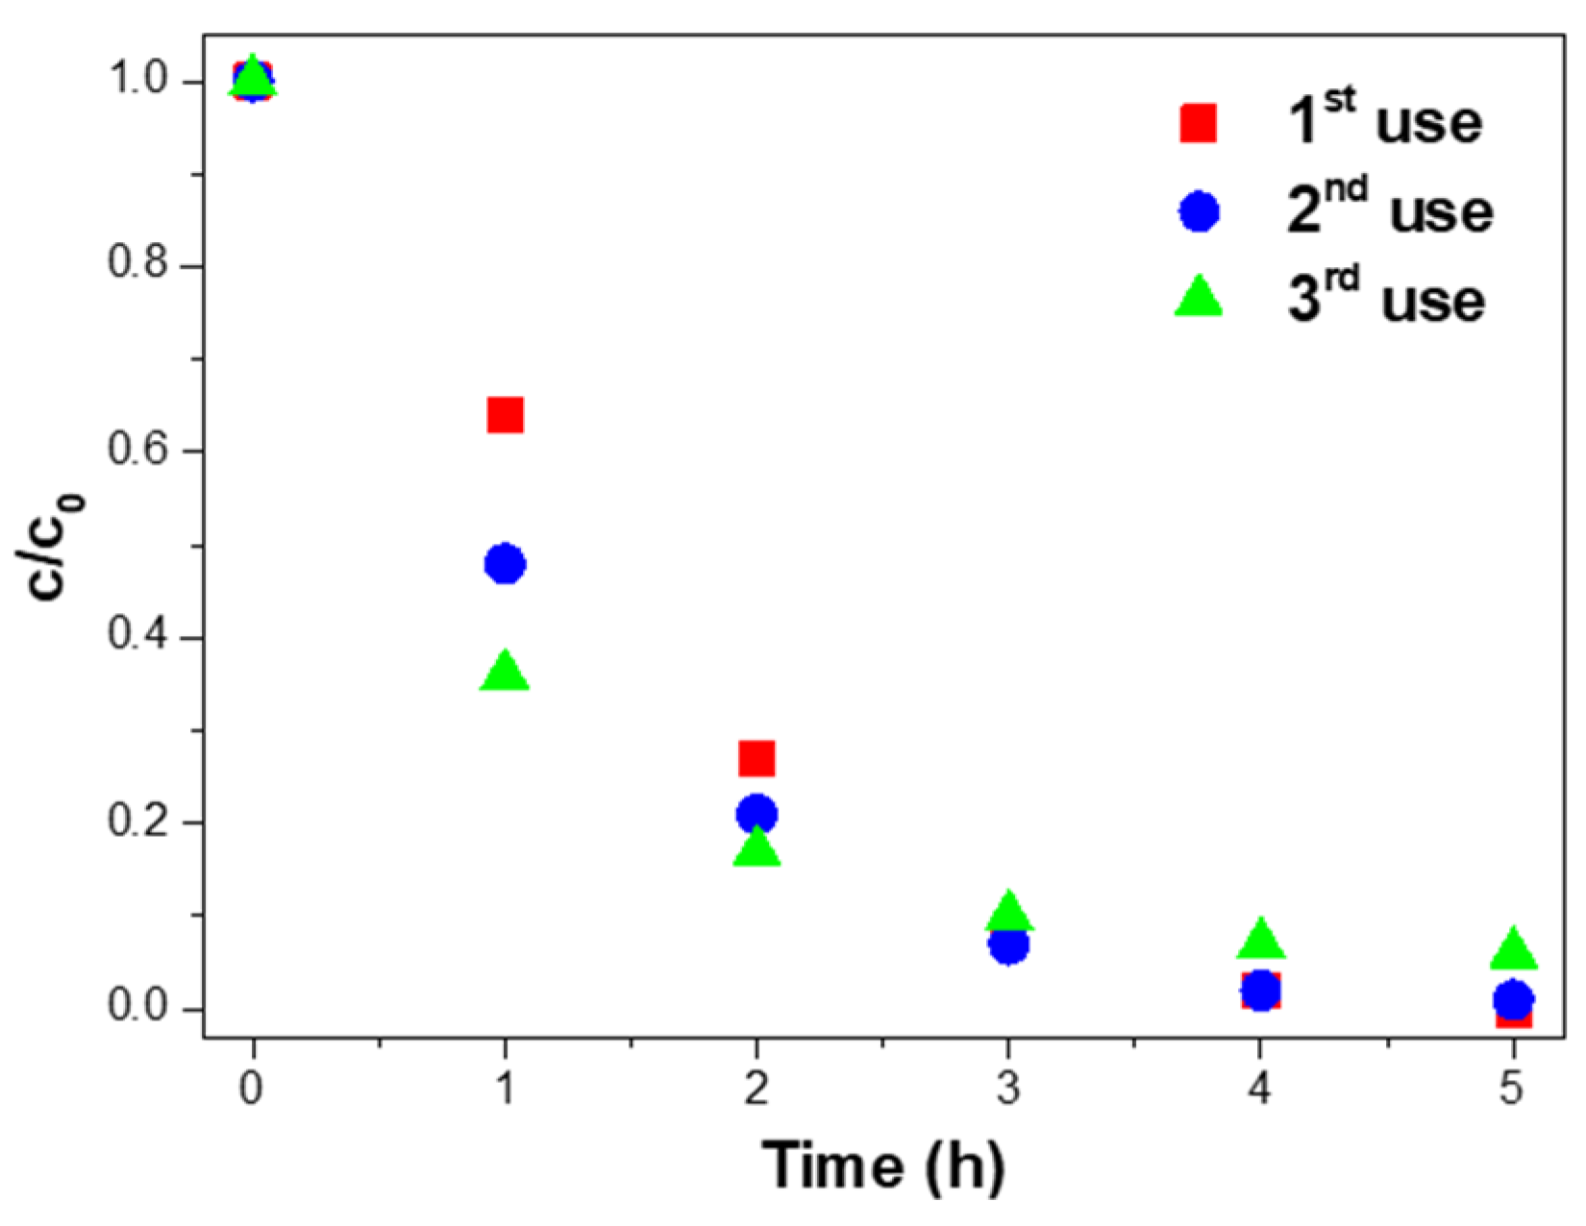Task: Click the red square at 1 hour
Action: pos(505,416)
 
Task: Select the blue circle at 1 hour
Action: pos(505,564)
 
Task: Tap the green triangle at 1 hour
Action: pos(505,672)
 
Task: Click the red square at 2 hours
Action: pos(756,758)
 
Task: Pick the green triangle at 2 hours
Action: pos(756,848)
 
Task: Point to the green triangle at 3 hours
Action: pos(1008,912)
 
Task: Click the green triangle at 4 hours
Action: pos(1260,940)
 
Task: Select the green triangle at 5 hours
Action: pos(1513,949)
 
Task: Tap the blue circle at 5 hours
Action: pos(1513,999)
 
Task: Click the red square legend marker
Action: pos(1199,124)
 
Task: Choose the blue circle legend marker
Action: pos(1199,211)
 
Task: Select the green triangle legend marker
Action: pos(1199,297)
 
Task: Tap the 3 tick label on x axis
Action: pos(1008,1090)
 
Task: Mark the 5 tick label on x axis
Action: pos(1513,1090)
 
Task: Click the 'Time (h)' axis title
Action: pos(883,1165)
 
